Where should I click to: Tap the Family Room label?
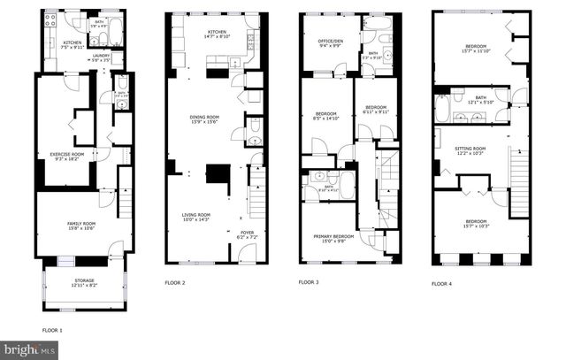pyautogui.click(x=81, y=226)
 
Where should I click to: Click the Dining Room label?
pyautogui.click(x=204, y=119)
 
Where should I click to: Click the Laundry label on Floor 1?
pyautogui.click(x=102, y=57)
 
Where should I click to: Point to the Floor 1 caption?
pyautogui.click(x=52, y=330)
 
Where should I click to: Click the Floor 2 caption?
pyautogui.click(x=174, y=283)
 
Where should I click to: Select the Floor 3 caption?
pyautogui.click(x=308, y=283)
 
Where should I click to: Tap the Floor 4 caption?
pyautogui.click(x=441, y=283)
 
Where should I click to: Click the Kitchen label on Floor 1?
pyautogui.click(x=72, y=44)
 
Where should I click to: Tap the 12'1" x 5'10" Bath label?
pyautogui.click(x=480, y=100)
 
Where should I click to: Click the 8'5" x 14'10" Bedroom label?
pyautogui.click(x=327, y=116)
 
